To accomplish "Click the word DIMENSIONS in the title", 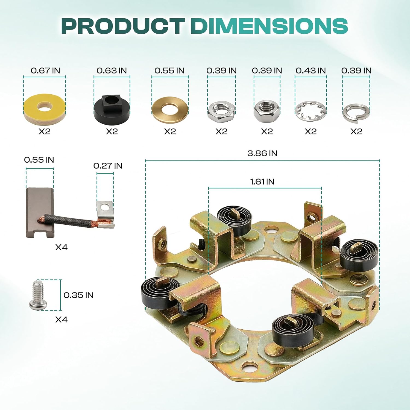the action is tap(269, 26).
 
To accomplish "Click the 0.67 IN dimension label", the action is tap(45, 71).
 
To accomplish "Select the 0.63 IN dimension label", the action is tap(112, 71).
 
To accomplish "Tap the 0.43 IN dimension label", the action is tap(311, 71).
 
